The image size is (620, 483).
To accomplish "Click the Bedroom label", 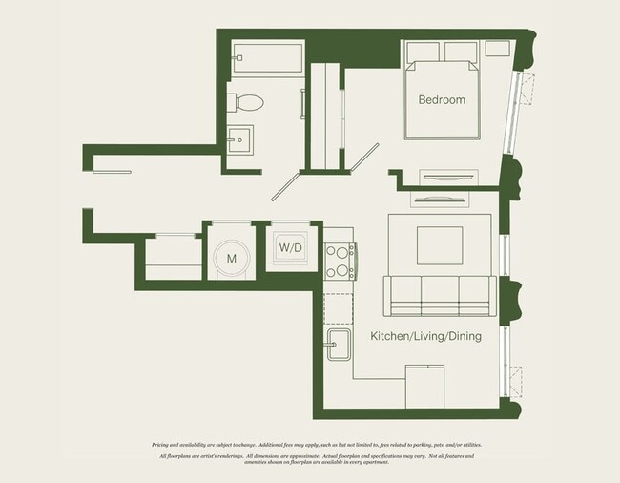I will pos(441,100).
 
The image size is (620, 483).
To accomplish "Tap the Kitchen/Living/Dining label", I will pos(425,337).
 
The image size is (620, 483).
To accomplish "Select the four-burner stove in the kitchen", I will pos(341,260).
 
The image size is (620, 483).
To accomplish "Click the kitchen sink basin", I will pos(338,349).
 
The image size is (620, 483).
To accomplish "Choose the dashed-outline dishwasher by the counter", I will pos(338,307).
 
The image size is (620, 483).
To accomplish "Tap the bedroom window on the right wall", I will pos(520,111).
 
